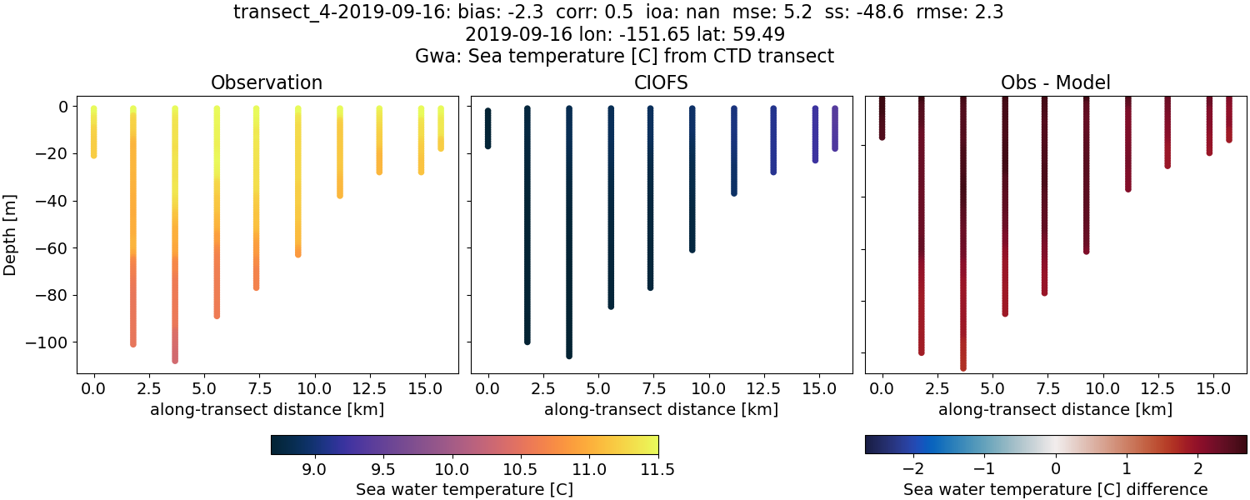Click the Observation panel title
click(267, 82)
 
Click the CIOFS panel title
click(662, 82)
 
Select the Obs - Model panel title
click(1056, 82)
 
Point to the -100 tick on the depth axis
click(52, 342)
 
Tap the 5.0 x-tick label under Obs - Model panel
click(992, 388)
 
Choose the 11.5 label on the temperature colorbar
click(657, 469)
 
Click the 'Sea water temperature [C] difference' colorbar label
click(1056, 489)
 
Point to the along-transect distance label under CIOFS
click(662, 409)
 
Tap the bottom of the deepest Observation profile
click(175, 360)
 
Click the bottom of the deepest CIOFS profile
click(569, 355)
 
